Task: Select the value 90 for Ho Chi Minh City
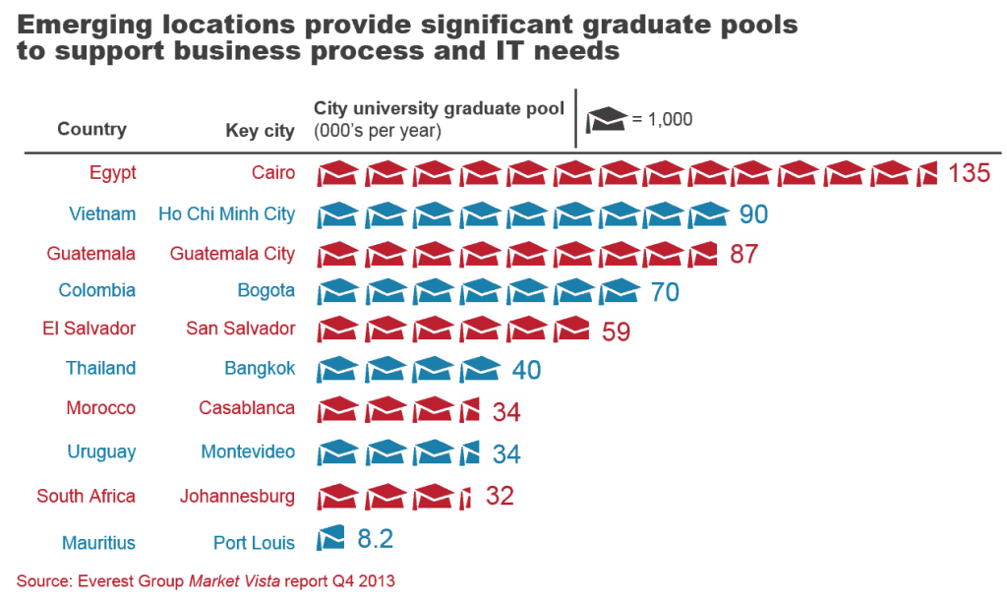(x=753, y=214)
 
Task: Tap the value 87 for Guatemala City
(x=743, y=255)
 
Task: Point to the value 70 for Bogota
(x=665, y=292)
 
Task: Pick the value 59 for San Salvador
(x=610, y=331)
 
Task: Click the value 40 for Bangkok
(x=526, y=370)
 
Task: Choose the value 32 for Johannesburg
(x=500, y=496)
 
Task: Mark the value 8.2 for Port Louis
(x=375, y=539)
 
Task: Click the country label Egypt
(x=112, y=173)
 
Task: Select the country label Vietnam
(x=102, y=213)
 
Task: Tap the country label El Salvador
(x=88, y=329)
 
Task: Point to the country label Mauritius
(x=97, y=542)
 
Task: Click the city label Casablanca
(x=246, y=408)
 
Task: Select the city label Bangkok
(x=260, y=368)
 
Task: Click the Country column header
(x=91, y=129)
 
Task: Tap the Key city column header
(x=260, y=131)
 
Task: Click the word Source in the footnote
(x=40, y=581)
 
